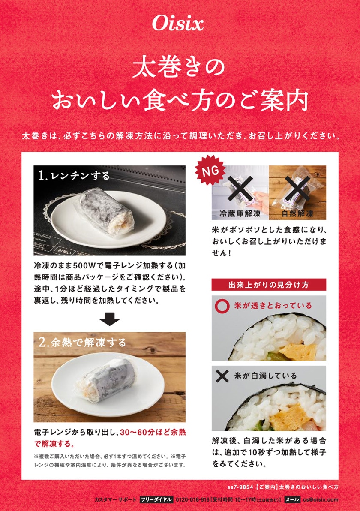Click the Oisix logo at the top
[x=178, y=24]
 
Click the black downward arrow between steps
[x=109, y=319]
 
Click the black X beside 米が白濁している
[x=222, y=376]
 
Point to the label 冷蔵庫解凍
[x=240, y=214]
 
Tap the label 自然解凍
[x=297, y=214]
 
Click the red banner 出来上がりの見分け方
[x=269, y=285]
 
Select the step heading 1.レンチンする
[x=74, y=176]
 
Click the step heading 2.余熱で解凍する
[x=82, y=342]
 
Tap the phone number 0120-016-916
[x=192, y=499]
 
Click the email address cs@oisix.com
[x=321, y=499]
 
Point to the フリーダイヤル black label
[x=156, y=499]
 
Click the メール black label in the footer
[x=292, y=499]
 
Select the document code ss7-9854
[x=240, y=487]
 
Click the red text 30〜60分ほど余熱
[x=153, y=432]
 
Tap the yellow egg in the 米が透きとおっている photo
[x=297, y=351]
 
